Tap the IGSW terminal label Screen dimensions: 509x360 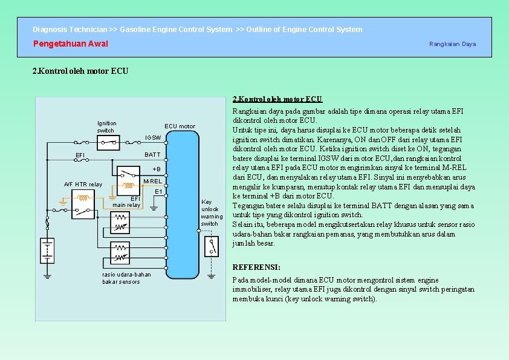click(x=153, y=138)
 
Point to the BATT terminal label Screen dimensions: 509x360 click(x=152, y=155)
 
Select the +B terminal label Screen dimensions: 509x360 click(x=157, y=169)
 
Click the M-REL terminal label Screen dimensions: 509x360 click(x=152, y=182)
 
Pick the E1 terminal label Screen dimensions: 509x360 click(x=158, y=192)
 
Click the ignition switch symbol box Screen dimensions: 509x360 click(x=109, y=144)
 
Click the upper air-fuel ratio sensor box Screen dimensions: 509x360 click(x=121, y=224)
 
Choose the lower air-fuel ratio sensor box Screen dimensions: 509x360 click(x=121, y=252)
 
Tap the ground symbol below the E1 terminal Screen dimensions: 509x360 click(x=154, y=207)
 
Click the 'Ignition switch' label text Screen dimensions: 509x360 click(x=106, y=126)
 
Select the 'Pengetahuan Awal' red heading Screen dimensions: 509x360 click(x=70, y=44)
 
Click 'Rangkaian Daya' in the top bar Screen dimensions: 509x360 click(x=452, y=44)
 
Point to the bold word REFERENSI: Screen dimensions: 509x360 click(x=256, y=267)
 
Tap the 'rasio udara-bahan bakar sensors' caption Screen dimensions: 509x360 click(x=126, y=278)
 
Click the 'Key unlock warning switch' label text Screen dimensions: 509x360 click(x=212, y=213)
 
